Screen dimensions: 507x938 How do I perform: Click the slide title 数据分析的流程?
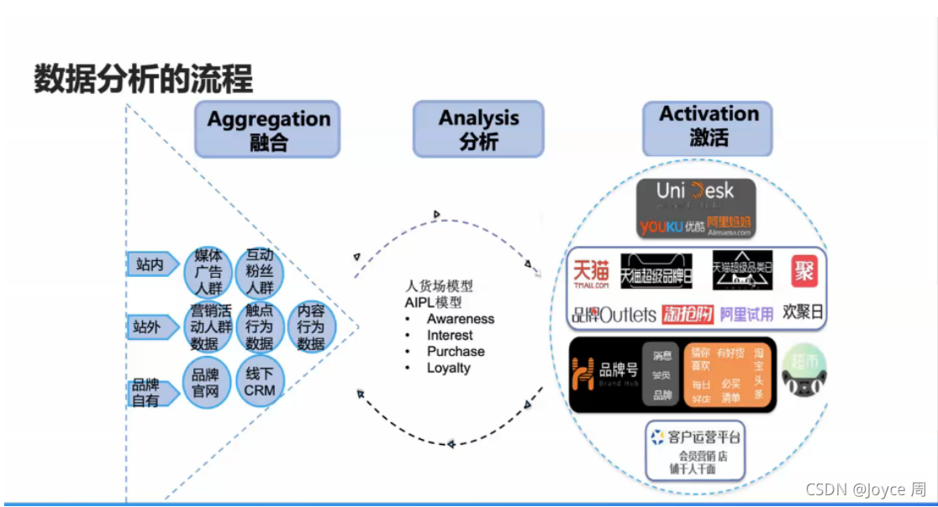[x=143, y=80]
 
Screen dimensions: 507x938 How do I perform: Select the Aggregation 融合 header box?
[x=267, y=130]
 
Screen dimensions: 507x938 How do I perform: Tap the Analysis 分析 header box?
[x=478, y=129]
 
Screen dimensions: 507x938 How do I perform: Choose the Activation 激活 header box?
[x=708, y=128]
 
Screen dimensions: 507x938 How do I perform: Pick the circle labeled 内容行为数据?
[x=311, y=327]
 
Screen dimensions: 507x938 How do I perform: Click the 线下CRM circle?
[x=260, y=383]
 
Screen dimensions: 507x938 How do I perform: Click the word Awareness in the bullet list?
[x=460, y=319]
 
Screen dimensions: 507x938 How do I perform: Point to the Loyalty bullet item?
[x=449, y=368]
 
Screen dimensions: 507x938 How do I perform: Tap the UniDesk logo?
[x=695, y=192]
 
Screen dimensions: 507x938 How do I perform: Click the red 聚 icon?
[x=803, y=272]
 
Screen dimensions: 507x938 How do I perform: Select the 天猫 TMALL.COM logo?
[x=592, y=273]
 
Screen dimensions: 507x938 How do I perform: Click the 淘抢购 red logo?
[x=687, y=315]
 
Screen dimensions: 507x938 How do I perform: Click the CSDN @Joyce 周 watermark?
[x=865, y=489]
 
